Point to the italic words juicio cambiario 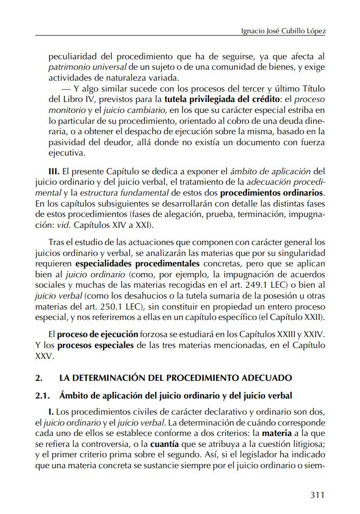[140, 110]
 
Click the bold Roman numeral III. [54, 172]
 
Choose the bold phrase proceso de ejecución [97, 334]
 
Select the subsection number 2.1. [42, 395]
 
